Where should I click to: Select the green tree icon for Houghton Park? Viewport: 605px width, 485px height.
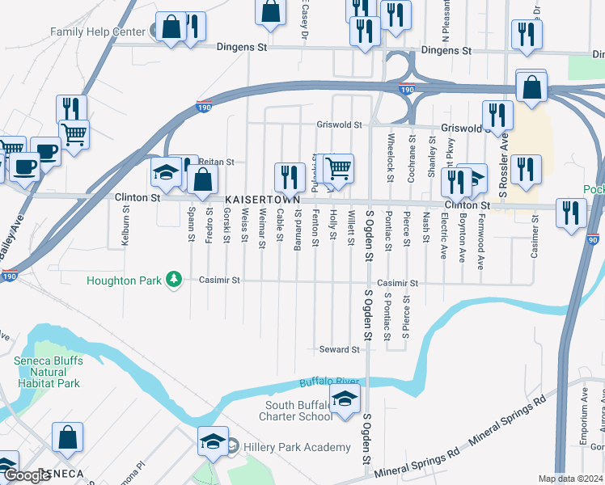172,280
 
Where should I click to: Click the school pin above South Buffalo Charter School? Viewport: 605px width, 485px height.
345,400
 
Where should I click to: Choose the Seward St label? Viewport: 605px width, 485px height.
338,349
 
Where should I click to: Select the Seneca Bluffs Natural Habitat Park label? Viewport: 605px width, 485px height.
47,372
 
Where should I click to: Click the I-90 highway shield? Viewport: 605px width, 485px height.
594,240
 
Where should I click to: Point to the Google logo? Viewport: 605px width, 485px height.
27,475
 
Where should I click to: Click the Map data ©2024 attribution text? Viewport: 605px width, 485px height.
571,479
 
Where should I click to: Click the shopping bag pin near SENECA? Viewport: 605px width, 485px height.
68,437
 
